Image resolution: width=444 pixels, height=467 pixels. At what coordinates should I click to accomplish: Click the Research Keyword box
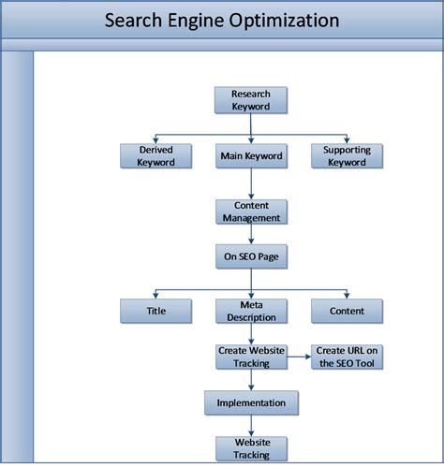[x=250, y=100]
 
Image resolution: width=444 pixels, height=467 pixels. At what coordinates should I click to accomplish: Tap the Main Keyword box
[x=250, y=155]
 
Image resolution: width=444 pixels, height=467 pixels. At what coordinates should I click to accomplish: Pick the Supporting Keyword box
[x=347, y=155]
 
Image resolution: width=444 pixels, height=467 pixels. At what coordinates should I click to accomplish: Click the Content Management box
[x=250, y=212]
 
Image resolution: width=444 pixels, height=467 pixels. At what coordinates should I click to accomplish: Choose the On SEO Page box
[x=250, y=256]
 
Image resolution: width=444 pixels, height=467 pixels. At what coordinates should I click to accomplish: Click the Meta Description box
[x=250, y=311]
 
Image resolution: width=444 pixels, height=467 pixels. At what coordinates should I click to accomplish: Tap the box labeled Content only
[x=347, y=311]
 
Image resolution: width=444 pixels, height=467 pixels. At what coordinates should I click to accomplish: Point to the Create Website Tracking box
[x=250, y=357]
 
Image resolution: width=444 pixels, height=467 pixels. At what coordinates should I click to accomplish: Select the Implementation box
[x=250, y=402]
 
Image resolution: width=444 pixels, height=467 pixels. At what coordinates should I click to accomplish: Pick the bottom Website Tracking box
[x=250, y=448]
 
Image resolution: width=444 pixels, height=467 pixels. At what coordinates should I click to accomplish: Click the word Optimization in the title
[x=287, y=20]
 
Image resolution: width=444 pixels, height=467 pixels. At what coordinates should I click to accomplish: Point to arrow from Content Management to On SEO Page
[x=250, y=234]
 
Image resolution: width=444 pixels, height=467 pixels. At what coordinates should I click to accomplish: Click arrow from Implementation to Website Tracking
[x=250, y=426]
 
